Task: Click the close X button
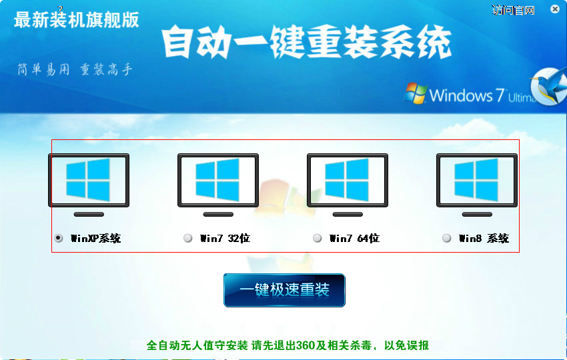tap(555, 9)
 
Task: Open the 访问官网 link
tap(513, 11)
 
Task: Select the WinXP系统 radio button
tap(58, 238)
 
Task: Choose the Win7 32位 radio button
tap(187, 238)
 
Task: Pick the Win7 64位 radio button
tap(317, 238)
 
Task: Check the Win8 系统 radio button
tap(446, 238)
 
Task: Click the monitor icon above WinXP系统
tap(89, 185)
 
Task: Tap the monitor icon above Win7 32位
tap(218, 185)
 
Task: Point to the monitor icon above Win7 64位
tap(348, 185)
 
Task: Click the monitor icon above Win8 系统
tap(477, 185)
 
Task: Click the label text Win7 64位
tap(354, 238)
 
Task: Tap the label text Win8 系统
tap(484, 238)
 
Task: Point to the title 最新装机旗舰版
tap(76, 20)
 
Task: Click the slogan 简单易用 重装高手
tap(75, 69)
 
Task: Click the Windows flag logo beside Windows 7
tap(415, 93)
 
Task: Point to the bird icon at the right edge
tap(549, 86)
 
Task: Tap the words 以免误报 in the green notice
tap(406, 345)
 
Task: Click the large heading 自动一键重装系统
tap(306, 42)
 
